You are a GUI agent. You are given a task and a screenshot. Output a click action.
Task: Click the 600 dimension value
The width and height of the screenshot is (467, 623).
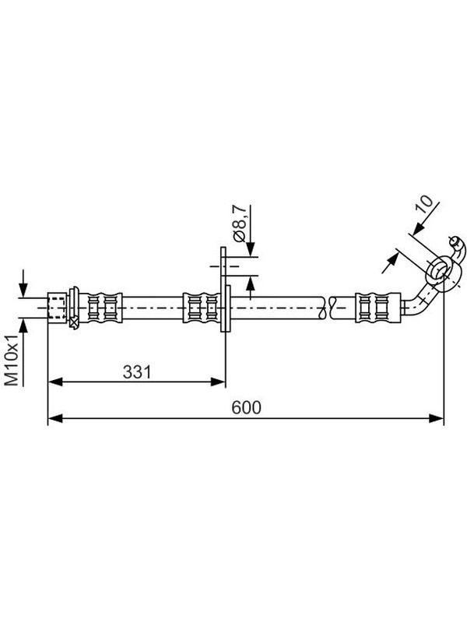coord(246,407)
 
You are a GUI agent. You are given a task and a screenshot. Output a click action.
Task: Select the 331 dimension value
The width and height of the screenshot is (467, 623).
coord(137,372)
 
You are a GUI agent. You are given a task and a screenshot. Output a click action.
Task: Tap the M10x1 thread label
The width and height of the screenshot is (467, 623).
coord(12,361)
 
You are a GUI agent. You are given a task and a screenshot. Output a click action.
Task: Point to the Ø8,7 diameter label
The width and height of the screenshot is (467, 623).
coord(241,224)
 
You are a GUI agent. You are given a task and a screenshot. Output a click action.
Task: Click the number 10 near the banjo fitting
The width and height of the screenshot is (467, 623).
coord(425,204)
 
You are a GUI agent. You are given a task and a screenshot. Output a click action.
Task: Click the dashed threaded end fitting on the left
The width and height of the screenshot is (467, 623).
coord(57,305)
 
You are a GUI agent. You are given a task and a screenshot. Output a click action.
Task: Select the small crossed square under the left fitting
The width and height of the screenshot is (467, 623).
coord(74,322)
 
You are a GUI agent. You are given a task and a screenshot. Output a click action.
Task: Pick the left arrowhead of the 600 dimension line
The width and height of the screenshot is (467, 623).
coord(54,418)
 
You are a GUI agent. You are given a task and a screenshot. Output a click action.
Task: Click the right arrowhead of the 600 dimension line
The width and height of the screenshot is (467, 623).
coord(437,418)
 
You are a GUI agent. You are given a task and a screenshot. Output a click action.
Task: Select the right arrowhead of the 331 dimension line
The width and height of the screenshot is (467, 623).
coord(218,382)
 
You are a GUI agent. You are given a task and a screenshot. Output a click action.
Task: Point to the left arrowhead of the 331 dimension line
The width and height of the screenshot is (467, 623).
coord(54,382)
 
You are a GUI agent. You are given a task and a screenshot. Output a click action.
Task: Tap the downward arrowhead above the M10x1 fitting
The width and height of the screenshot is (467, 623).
coord(23,290)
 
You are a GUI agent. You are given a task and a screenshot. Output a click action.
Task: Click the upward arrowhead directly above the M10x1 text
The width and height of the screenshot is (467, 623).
coord(23,326)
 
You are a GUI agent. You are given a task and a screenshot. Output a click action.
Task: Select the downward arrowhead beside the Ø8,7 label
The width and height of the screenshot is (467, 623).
coord(251,249)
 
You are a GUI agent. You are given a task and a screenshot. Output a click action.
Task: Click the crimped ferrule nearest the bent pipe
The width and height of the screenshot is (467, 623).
coord(377,308)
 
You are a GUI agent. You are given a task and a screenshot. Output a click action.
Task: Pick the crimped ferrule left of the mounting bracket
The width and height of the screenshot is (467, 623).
coord(201,308)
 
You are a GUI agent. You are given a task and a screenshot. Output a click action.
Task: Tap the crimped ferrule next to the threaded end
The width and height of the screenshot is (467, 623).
coord(101,308)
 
